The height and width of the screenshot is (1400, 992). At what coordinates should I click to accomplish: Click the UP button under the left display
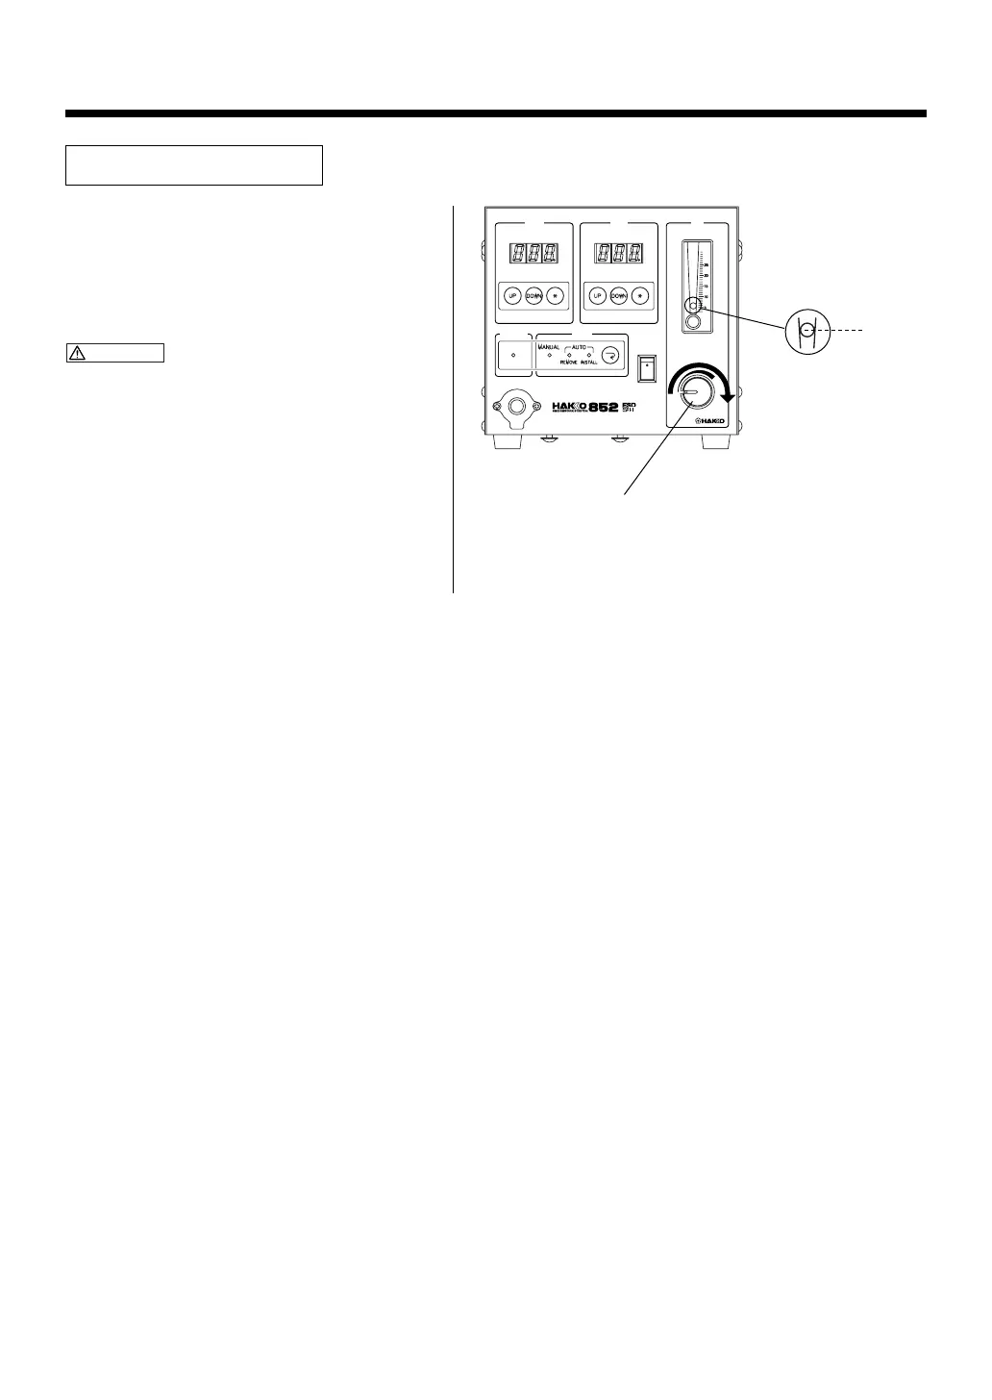tap(513, 296)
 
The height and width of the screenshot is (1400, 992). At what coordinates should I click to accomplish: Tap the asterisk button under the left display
tap(554, 296)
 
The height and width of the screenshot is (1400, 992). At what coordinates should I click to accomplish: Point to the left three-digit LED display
tap(533, 255)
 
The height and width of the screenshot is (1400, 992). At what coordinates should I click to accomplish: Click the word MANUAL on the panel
tap(549, 346)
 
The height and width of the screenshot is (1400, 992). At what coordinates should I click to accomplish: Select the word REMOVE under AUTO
tap(569, 362)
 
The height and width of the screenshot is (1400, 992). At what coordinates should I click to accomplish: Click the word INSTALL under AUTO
tap(588, 362)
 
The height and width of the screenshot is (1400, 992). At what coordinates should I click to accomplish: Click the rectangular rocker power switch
tap(648, 366)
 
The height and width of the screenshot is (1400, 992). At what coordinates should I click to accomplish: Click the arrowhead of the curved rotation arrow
tap(729, 397)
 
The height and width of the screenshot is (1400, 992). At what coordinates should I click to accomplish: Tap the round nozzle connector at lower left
tap(516, 408)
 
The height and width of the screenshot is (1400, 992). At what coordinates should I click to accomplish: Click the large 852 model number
tap(611, 407)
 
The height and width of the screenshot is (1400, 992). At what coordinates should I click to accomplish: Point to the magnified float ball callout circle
tap(806, 331)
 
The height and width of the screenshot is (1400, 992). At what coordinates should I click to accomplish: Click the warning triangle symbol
tap(77, 353)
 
